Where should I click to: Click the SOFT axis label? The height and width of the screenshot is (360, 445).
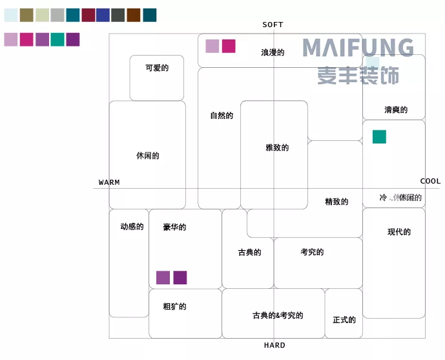273,25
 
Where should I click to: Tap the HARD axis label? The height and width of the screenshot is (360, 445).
274,345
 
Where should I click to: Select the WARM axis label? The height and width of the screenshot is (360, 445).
109,182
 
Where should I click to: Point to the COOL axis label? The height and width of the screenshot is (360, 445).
430,181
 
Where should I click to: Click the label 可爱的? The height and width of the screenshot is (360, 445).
156,67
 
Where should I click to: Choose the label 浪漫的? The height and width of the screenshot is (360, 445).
273,52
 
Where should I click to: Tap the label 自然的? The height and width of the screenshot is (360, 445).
222,116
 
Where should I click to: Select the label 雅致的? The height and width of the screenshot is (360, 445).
277,147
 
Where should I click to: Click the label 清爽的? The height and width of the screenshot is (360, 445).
396,110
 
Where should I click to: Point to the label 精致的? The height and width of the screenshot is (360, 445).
336,202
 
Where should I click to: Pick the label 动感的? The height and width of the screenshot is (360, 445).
132,227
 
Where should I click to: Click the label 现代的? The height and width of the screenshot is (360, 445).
399,231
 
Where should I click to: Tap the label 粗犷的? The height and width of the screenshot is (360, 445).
174,306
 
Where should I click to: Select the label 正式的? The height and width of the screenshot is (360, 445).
344,319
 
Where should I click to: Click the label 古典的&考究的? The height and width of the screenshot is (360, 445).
278,315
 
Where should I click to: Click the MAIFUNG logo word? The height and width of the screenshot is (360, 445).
358,48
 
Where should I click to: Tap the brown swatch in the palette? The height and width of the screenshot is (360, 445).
134,15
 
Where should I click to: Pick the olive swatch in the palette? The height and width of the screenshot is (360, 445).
26,15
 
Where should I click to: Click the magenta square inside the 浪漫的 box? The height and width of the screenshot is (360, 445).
229,46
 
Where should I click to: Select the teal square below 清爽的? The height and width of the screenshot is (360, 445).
379,136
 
